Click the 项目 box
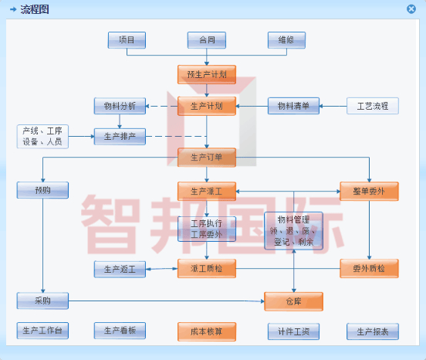pyautogui.click(x=127, y=40)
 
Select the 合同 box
pyautogui.click(x=207, y=40)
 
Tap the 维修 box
pyautogui.click(x=286, y=40)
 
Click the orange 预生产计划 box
pyautogui.click(x=206, y=75)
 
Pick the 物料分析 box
pyautogui.click(x=120, y=106)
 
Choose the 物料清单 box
pyautogui.click(x=293, y=106)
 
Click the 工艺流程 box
pyautogui.click(x=373, y=106)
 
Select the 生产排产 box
pyautogui.click(x=120, y=137)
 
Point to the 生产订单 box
pyautogui.click(x=206, y=158)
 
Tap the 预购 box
pyautogui.click(x=42, y=190)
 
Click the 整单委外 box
pyautogui.click(x=369, y=190)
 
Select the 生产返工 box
pyautogui.click(x=120, y=269)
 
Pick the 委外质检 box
pyautogui.click(x=369, y=269)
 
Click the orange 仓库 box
pyautogui.click(x=293, y=301)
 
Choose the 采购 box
pyautogui.click(x=42, y=301)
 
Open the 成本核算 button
pyautogui.click(x=206, y=331)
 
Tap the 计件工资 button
pyautogui.click(x=293, y=331)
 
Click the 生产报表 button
pyautogui.click(x=373, y=331)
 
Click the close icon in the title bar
pyautogui.click(x=411, y=9)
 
